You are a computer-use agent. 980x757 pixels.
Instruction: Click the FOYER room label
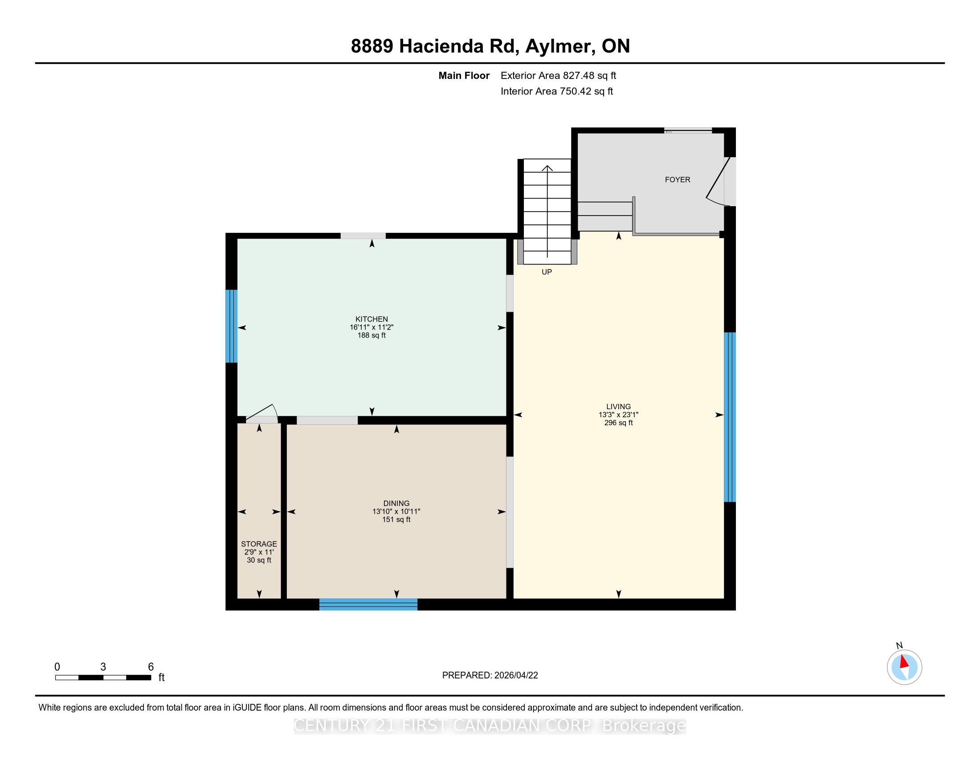[x=677, y=179]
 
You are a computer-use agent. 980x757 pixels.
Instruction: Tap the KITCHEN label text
[x=372, y=319]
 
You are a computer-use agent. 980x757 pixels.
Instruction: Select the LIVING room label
[x=618, y=407]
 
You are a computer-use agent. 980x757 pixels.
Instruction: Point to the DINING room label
[x=396, y=503]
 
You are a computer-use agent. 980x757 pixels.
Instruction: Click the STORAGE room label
[x=259, y=544]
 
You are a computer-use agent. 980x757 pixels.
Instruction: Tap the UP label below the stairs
[x=547, y=272]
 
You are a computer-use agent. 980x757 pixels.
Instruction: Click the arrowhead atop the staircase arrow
[x=547, y=169]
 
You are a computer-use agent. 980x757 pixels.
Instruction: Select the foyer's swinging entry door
[x=717, y=182]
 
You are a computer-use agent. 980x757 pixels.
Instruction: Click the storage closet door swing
[x=261, y=413]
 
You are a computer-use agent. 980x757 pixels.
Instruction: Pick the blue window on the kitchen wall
[x=231, y=326]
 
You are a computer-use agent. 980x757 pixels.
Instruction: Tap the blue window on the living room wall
[x=730, y=417]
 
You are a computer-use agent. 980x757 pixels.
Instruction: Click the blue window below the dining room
[x=368, y=604]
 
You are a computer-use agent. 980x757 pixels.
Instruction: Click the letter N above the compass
[x=899, y=645]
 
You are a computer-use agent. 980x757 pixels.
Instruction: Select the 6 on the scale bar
[x=151, y=667]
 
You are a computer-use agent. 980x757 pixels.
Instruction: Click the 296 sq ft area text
[x=618, y=423]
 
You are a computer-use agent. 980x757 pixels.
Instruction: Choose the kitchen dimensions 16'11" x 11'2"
[x=372, y=327]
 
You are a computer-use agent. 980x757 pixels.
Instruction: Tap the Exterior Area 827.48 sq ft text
[x=558, y=76]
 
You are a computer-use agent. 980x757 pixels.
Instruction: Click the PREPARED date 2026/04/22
[x=515, y=676]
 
